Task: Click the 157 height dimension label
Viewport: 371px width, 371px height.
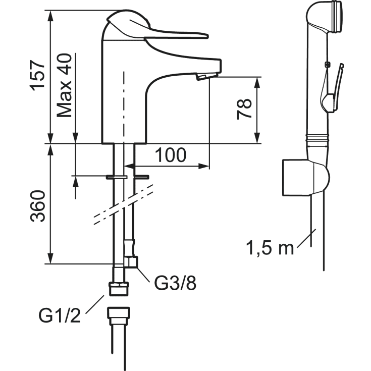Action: point(37,76)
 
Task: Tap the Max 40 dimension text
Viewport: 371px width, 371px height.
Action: point(64,85)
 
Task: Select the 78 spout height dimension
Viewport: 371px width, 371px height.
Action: point(244,110)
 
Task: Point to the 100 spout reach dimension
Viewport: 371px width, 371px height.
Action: point(171,155)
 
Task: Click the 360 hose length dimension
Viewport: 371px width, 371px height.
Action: point(37,206)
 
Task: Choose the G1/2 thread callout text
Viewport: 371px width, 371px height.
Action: point(60,315)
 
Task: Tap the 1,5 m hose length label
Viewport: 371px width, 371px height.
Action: point(270,248)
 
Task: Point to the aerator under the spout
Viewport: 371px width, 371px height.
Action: point(201,77)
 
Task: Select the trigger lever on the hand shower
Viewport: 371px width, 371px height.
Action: point(337,87)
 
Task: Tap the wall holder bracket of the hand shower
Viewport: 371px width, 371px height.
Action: point(306,178)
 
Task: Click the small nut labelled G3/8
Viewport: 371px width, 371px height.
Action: point(131,262)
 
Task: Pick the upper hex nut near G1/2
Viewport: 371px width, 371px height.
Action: point(119,288)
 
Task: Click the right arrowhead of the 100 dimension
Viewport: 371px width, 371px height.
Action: point(204,166)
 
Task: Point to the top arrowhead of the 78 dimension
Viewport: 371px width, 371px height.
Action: point(257,82)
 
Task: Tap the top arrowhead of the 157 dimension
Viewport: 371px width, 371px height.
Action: point(50,16)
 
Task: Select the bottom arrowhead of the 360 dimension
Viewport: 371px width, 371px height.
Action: point(50,258)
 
